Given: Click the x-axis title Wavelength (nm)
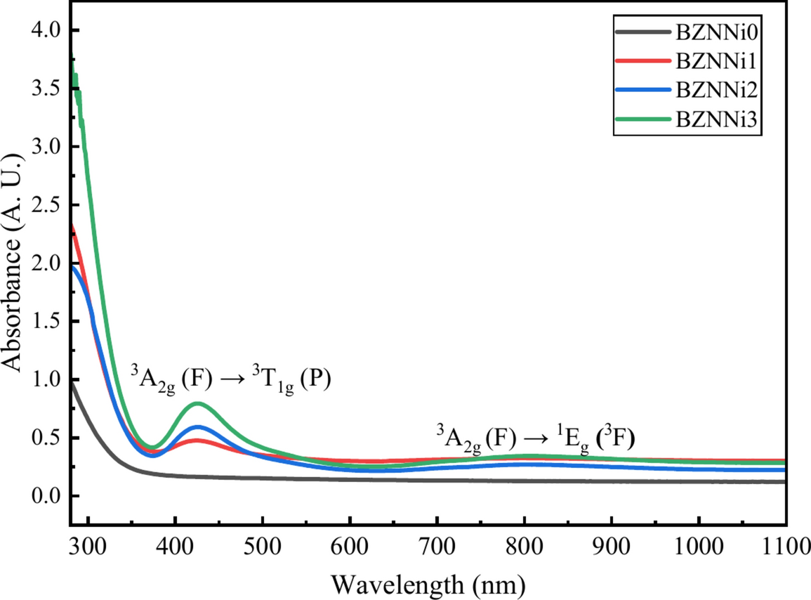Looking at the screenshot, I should pos(428,584).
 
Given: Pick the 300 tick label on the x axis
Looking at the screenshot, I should pos(88,548).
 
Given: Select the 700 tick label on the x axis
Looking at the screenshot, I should pos(437,548).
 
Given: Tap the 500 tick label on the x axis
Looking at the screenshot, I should pos(262,548).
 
